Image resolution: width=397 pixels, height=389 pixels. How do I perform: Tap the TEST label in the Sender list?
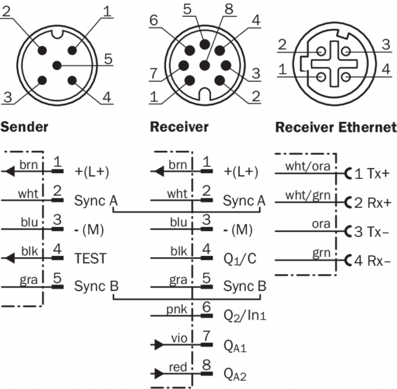point(90,258)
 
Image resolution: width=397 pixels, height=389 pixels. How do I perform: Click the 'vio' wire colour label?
point(178,338)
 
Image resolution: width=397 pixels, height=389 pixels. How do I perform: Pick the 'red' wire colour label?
point(178,367)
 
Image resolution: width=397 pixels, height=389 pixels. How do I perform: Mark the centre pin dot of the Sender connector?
point(57,65)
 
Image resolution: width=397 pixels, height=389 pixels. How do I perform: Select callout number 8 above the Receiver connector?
point(227,9)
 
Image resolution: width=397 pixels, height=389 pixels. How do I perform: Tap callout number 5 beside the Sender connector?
point(108,59)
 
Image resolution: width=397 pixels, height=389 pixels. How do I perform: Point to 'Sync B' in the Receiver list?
point(245,286)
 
